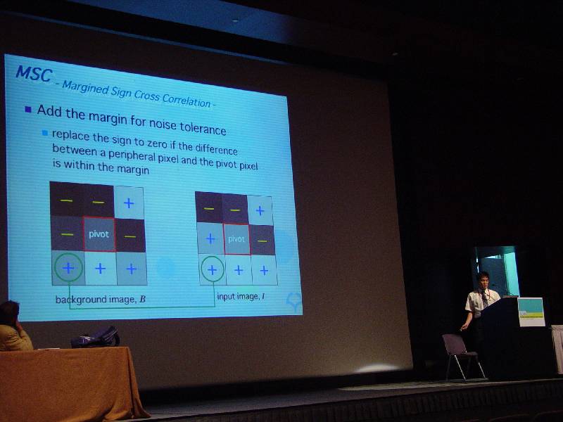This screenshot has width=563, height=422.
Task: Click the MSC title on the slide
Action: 34,74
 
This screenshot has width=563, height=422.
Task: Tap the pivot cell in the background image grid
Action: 99,234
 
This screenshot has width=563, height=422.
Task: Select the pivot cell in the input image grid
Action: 236,239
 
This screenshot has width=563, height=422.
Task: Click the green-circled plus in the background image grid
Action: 68,267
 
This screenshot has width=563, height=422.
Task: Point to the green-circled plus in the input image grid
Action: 213,270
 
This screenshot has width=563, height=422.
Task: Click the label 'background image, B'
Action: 101,300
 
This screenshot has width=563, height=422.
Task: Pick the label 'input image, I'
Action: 241,296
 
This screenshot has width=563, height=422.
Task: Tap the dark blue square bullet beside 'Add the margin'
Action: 28,109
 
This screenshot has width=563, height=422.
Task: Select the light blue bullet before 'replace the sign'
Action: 45,133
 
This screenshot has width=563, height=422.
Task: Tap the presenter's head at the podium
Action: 483,279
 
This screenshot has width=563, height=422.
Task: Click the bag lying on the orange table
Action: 96,337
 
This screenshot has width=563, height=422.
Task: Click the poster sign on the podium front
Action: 531,312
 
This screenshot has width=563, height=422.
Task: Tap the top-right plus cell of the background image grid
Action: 129,203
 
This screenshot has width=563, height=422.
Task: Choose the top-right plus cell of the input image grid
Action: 260,210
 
